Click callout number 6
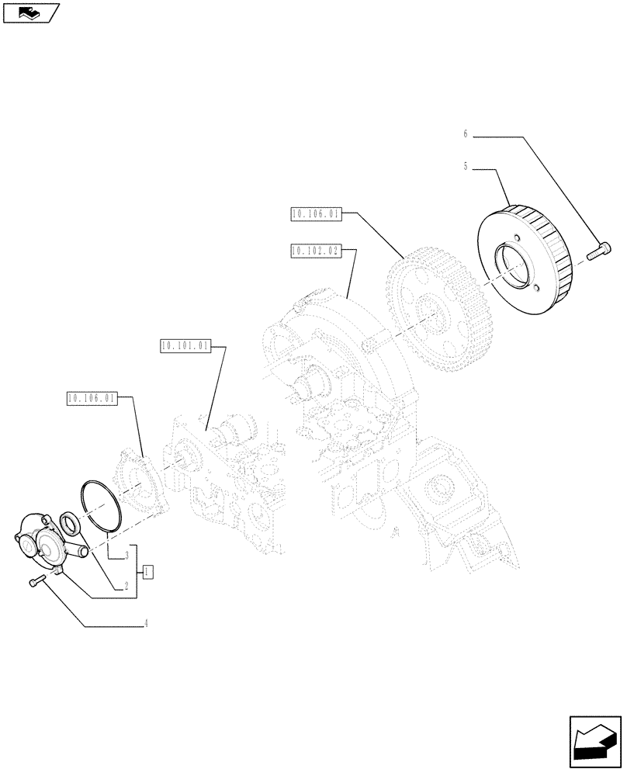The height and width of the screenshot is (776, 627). coord(466,134)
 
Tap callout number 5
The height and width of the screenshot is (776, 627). coord(466,166)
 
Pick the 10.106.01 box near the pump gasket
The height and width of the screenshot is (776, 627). coord(92,399)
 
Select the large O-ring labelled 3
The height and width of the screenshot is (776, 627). coord(99,508)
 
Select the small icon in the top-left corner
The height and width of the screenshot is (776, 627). coord(30,12)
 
